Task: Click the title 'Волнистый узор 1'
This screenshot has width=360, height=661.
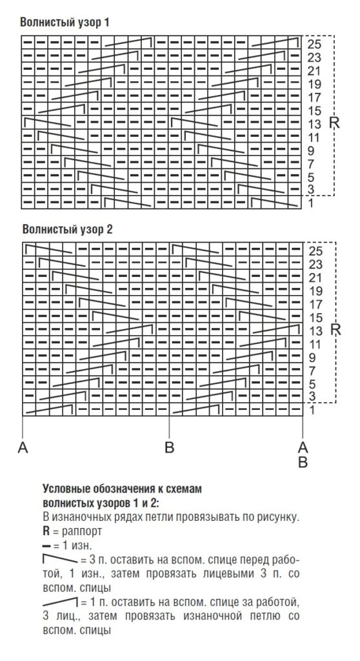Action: (65, 22)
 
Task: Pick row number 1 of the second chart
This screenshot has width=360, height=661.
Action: (310, 410)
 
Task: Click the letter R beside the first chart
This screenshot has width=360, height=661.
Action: (334, 122)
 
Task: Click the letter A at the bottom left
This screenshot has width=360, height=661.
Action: (23, 447)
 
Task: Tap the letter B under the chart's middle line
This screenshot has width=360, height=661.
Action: (169, 447)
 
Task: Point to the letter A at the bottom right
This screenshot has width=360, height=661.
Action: (303, 447)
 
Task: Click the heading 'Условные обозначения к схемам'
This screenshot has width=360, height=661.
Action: (121, 489)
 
